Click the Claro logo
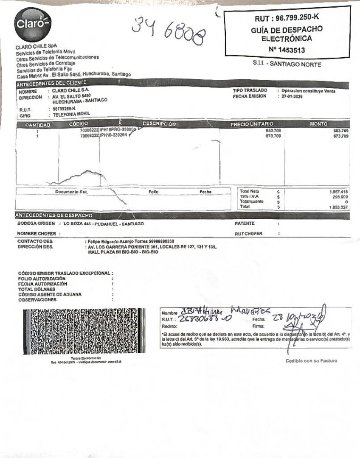pos(32,24)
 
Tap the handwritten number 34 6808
pos(168,32)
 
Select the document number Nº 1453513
pos(287,50)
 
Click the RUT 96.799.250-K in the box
pos(287,19)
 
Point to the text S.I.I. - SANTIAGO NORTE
pos(287,64)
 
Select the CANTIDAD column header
pos(38,125)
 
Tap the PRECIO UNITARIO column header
pos(252,124)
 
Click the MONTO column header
pos(319,124)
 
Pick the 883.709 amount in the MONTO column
pos(341,131)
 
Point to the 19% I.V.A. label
pos(250,197)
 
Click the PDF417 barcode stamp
pos(84,332)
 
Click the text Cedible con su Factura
pos(312,361)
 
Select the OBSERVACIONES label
pos(37,299)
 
